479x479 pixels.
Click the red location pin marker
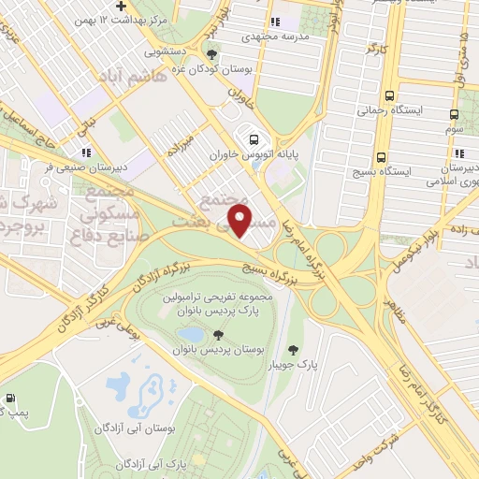tap(240, 220)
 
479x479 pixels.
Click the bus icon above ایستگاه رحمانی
tap(388, 94)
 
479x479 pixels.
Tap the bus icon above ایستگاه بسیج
tap(381, 157)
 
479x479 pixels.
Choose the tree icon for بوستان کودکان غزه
tap(212, 53)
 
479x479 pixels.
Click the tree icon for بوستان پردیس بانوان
tap(217, 334)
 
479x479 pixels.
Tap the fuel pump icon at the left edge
tap(10, 399)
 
